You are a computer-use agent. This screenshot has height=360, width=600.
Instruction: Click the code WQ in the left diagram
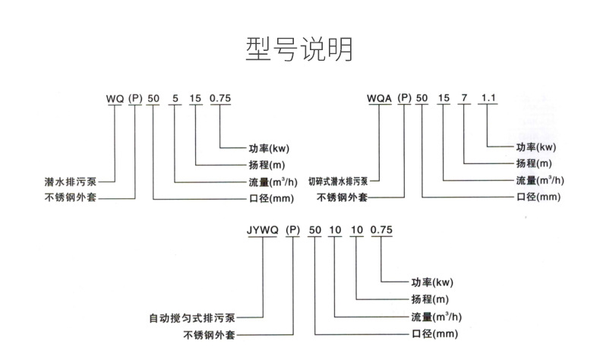pyautogui.click(x=113, y=98)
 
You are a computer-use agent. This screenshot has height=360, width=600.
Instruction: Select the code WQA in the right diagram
pyautogui.click(x=379, y=98)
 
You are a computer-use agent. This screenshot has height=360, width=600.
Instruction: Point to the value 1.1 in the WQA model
pyautogui.click(x=489, y=98)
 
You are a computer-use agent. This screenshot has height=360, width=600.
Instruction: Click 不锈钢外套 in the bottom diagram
pyautogui.click(x=206, y=334)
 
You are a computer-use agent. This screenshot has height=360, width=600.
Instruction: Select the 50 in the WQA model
pyautogui.click(x=423, y=98)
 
